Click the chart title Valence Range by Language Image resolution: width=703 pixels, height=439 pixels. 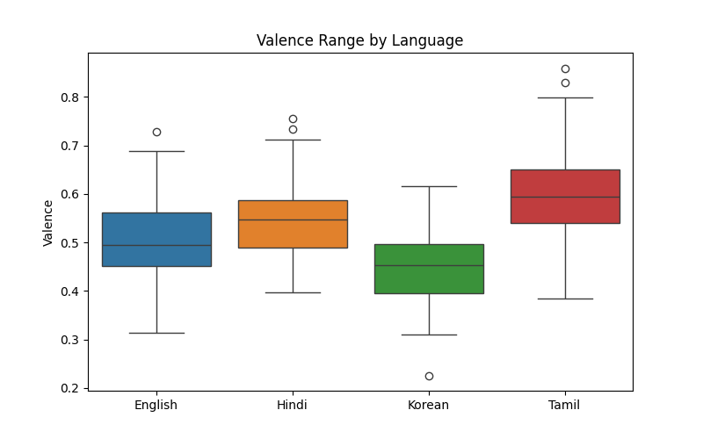tap(359, 40)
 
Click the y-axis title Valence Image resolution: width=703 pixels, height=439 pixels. tap(48, 222)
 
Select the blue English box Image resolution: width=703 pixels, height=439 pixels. tap(156, 239)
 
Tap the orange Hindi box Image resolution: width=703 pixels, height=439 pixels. tap(293, 224)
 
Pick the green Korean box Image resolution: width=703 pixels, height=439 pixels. tap(429, 269)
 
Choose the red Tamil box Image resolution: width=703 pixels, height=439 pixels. tap(565, 197)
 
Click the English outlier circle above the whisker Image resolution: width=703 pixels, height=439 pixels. tap(156, 132)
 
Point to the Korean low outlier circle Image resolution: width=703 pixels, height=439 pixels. tap(429, 376)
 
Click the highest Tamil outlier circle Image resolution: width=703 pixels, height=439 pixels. tap(565, 68)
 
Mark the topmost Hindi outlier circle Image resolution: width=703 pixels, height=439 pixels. tap(293, 119)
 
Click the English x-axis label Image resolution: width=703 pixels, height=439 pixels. tap(156, 405)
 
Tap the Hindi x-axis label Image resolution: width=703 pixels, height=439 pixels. tap(293, 405)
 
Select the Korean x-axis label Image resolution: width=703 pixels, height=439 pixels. tap(429, 405)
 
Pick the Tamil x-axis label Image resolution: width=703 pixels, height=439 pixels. tap(565, 405)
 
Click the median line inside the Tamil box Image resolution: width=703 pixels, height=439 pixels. tap(565, 197)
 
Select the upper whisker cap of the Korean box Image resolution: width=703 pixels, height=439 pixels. tap(429, 186)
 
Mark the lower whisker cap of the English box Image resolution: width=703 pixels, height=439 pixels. tap(156, 333)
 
